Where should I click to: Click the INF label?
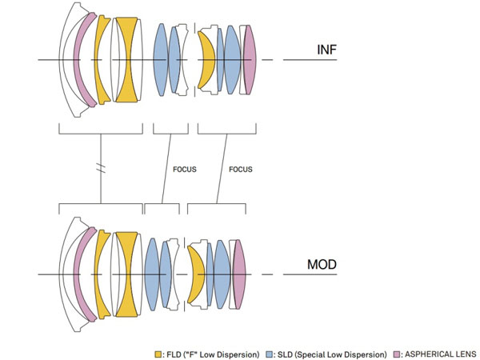click(x=327, y=50)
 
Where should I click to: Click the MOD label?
click(x=322, y=265)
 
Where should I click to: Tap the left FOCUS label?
click(x=185, y=170)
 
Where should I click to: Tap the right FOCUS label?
click(x=241, y=170)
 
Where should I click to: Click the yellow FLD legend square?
click(x=158, y=354)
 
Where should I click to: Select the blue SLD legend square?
click(x=270, y=354)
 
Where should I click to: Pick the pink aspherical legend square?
click(x=397, y=354)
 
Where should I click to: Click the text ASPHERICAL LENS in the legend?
click(x=441, y=354)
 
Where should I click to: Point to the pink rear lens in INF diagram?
click(x=250, y=60)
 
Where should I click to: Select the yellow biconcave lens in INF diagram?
click(x=126, y=60)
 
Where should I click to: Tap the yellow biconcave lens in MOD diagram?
click(x=126, y=274)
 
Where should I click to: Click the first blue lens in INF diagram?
click(x=161, y=60)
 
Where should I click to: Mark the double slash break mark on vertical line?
click(x=101, y=168)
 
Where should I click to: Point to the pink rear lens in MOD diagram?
click(x=240, y=274)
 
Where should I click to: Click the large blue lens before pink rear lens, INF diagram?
click(x=233, y=60)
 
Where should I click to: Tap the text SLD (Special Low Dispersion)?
click(x=332, y=354)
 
